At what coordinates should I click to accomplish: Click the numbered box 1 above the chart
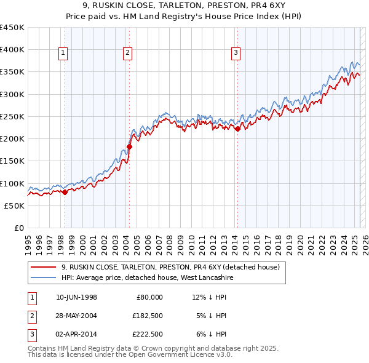pos(63,54)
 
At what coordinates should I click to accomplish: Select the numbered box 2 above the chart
pos(127,54)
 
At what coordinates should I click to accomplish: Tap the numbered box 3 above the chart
pos(236,54)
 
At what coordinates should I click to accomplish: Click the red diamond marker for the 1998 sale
pos(65,192)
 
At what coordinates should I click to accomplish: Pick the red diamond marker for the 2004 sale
pos(129,146)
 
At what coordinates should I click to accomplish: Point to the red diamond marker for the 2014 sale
pos(237,129)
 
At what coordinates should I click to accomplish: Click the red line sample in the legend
pos(43,267)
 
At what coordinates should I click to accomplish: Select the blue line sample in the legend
pos(43,277)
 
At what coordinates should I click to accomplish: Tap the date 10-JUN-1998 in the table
pos(77,297)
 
